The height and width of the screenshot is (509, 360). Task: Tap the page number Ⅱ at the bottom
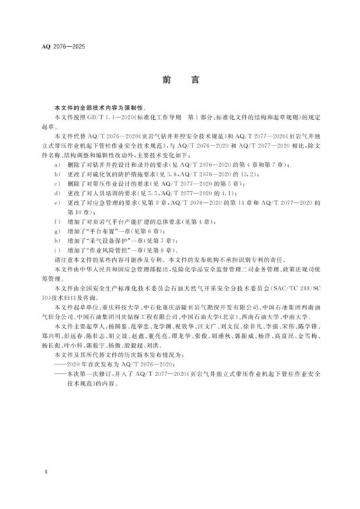(45, 472)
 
